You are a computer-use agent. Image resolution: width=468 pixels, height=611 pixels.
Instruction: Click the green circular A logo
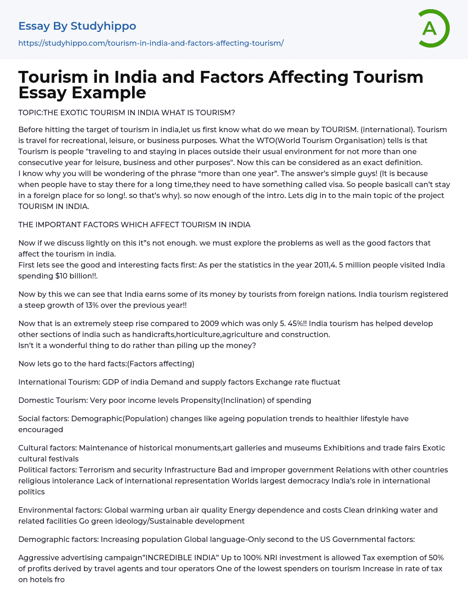433,28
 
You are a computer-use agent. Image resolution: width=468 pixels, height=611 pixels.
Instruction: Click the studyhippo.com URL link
151,43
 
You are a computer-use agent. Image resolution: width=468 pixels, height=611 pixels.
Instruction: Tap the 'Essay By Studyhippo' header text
77,26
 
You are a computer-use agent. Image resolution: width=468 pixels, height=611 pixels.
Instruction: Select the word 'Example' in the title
109,92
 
